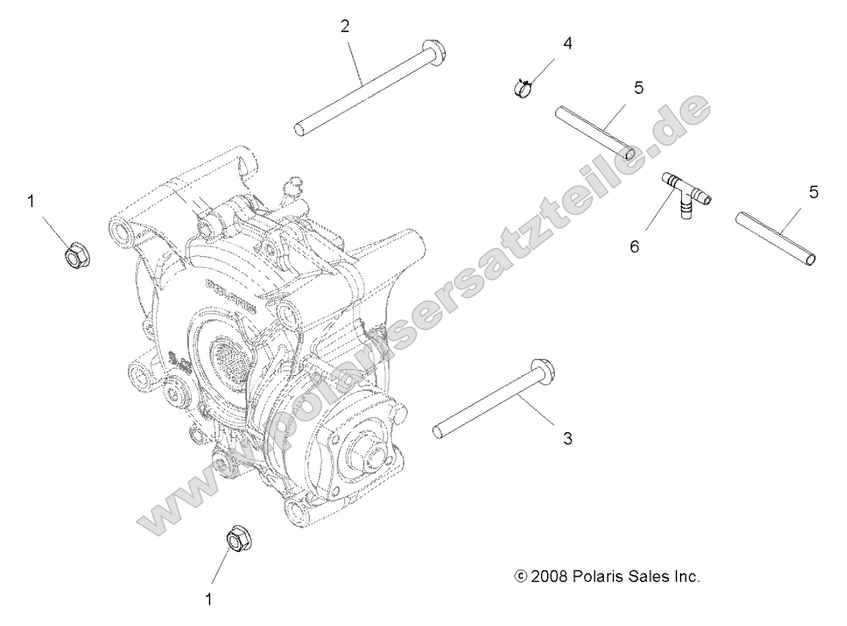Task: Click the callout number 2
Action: pyautogui.click(x=345, y=27)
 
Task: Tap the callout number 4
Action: pyautogui.click(x=567, y=43)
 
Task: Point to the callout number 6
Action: pyautogui.click(x=635, y=247)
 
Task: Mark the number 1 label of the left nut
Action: pyautogui.click(x=29, y=201)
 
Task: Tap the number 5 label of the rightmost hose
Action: pyautogui.click(x=813, y=192)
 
